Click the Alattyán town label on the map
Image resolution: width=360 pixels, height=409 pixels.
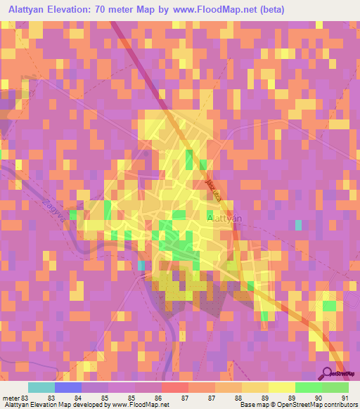(x=225, y=218)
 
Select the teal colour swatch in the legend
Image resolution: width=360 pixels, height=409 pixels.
(x=41, y=387)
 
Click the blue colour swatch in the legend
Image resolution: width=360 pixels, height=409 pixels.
(x=67, y=387)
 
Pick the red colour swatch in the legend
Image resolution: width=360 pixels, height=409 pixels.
(x=174, y=387)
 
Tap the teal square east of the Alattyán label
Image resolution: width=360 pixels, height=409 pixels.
(x=299, y=225)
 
